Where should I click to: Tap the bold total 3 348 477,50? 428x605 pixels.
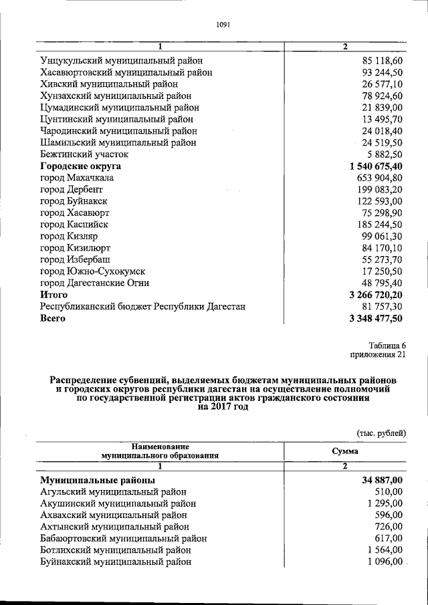pos(375,319)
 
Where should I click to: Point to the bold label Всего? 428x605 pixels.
pos(53,319)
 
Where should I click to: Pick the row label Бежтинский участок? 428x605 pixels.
pos(84,154)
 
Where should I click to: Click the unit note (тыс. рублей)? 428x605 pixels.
pos(381,433)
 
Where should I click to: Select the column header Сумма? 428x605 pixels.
pos(344,451)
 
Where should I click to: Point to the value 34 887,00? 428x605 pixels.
pos(379,480)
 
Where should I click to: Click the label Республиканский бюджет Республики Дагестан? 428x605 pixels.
pos(143,307)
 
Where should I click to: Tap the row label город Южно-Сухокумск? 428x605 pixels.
pos(92,271)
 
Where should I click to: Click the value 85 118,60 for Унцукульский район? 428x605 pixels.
pos(379,60)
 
